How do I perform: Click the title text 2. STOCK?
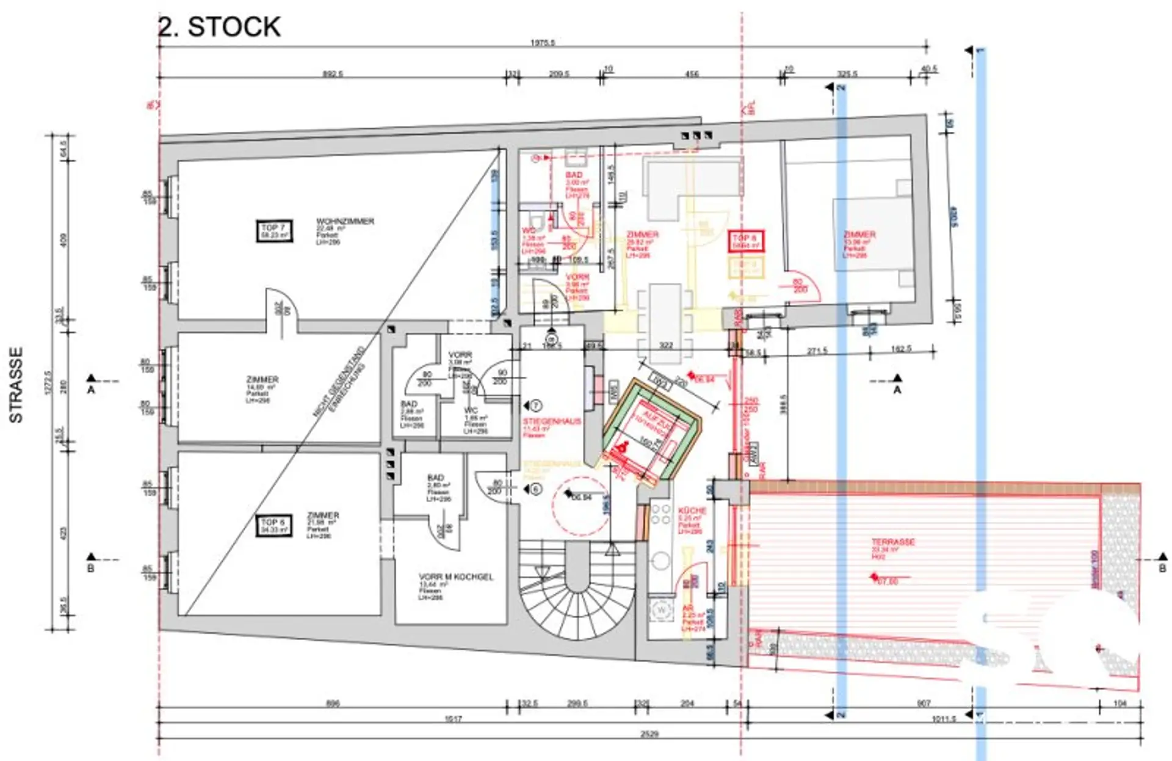coord(219,27)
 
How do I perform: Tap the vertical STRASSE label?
coord(16,385)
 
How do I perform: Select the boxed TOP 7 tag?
coord(273,231)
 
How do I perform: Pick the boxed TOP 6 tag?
coord(273,526)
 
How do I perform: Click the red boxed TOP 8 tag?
coord(746,241)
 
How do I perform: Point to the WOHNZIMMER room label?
coord(345,221)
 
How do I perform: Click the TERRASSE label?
coord(892,542)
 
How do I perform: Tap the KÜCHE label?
coord(692,510)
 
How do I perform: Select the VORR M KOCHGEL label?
coord(455,577)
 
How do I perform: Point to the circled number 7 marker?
coord(536,406)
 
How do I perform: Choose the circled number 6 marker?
coord(535,489)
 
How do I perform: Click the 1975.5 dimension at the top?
coord(543,43)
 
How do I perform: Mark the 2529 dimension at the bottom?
coord(649,734)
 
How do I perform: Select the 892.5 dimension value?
coord(333,74)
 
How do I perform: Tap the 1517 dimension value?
coord(453,719)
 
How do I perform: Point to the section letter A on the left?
coord(91,389)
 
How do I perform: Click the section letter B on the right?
coord(1162,568)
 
